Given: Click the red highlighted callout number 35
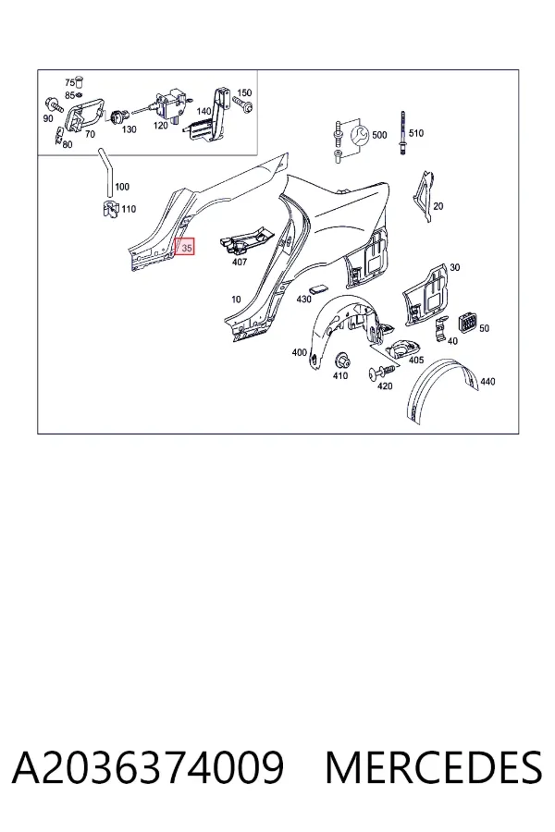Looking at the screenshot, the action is (x=185, y=247).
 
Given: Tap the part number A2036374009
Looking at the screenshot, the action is (x=148, y=767).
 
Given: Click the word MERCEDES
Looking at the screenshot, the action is (x=434, y=767).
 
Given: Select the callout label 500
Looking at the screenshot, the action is (x=379, y=135).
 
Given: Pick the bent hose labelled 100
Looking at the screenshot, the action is (x=105, y=174).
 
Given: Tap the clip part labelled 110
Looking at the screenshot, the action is (x=110, y=209).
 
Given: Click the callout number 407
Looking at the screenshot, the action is (x=240, y=262).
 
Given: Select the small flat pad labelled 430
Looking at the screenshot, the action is (x=319, y=288).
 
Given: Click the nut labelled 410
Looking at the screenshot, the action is (x=340, y=361).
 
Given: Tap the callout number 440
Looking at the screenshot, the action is (x=487, y=382).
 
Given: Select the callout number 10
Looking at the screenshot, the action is (x=236, y=300).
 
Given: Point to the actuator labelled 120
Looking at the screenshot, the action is (x=169, y=104).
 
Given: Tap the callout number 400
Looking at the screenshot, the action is (x=300, y=352).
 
